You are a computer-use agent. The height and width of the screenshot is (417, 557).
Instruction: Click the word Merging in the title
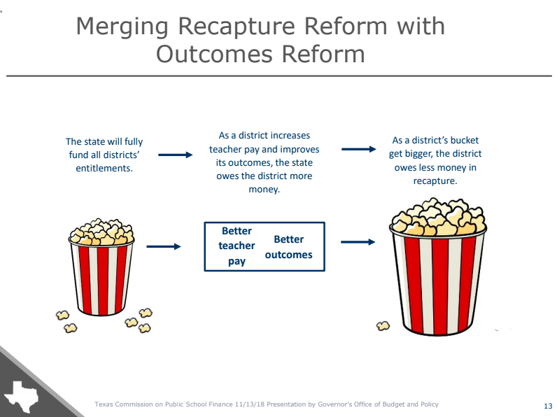pos(122,27)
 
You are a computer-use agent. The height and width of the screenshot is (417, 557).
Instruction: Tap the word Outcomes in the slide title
pos(214,54)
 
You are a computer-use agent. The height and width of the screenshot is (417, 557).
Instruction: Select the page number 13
pos(548,406)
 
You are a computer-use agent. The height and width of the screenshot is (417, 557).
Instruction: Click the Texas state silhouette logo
pos(20,397)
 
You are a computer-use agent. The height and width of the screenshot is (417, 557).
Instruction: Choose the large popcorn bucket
pos(437,267)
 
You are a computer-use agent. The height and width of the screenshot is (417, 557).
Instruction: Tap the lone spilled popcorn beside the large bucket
pos(383,326)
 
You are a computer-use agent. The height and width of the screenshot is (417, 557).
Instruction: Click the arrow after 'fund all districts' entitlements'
pos(175,155)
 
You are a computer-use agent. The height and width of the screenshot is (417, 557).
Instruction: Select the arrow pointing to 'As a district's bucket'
pos(358,149)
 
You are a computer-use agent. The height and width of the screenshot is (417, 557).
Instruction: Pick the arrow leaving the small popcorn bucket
pos(164,246)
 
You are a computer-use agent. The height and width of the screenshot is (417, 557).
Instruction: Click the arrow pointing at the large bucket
pos(358,242)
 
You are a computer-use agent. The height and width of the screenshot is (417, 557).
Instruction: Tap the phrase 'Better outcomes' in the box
pos(288,247)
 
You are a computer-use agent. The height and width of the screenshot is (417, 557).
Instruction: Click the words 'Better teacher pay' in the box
pos(237,246)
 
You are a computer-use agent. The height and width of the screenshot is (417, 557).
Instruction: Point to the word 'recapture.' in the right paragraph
pos(435,181)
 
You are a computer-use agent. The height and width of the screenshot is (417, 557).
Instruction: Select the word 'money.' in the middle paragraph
pos(265,190)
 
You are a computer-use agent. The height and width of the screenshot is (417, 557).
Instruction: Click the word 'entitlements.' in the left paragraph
pos(104,168)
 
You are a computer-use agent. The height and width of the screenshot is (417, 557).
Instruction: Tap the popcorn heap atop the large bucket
pos(438,217)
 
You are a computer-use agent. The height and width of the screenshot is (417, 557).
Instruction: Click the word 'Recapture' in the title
pos(237,27)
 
